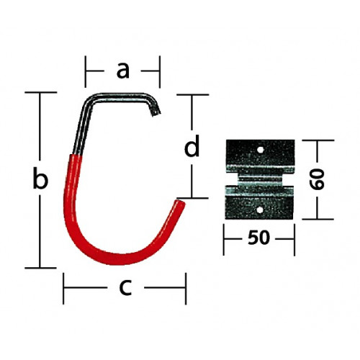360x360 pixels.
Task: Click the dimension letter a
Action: coord(123,71)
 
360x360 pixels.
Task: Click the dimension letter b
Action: coord(40,178)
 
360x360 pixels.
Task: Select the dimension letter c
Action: coord(125,287)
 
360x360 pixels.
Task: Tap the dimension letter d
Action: coord(192,146)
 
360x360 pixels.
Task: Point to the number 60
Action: coord(318,179)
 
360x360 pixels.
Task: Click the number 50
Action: coord(258,238)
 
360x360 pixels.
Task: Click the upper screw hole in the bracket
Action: coord(260,150)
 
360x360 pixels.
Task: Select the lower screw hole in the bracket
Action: coord(259,210)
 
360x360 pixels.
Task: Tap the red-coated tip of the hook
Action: coord(181,204)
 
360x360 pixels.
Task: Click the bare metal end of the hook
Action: coord(156,113)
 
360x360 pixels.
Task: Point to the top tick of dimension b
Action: coord(41,92)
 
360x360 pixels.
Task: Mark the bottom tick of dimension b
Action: coord(41,268)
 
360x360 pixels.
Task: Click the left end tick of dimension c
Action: coord(63,288)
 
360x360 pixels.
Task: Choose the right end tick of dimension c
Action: coord(186,288)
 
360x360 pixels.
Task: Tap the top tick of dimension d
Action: coord(192,95)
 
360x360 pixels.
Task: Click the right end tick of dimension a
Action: coord(159,72)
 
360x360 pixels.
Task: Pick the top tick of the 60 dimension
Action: coord(318,140)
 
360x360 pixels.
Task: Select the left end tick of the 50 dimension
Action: coord(224,240)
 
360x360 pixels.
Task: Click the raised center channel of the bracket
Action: coord(260,179)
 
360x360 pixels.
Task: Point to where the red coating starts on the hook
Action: coord(76,155)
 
